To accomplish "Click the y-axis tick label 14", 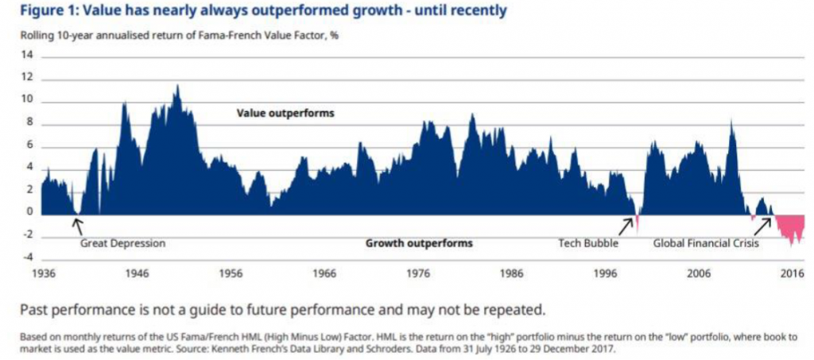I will [x=31, y=55].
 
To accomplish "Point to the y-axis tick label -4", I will [x=30, y=257].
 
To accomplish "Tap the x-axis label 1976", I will [x=417, y=273].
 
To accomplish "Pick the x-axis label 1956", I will [x=230, y=273].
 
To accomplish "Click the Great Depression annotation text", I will [x=123, y=243].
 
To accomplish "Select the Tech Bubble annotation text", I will [x=589, y=243].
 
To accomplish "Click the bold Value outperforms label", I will [x=285, y=113].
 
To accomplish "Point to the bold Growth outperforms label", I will [x=419, y=243].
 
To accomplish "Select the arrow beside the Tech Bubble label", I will [x=627, y=226].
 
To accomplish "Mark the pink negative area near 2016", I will [x=789, y=228].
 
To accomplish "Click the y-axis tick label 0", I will [x=33, y=212].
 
